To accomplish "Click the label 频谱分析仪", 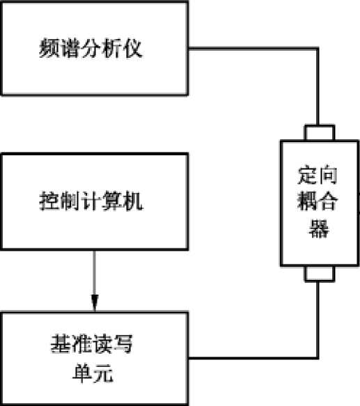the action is pyautogui.click(x=91, y=48).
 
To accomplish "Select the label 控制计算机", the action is pyautogui.click(x=91, y=201).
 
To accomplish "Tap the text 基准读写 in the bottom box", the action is pyautogui.click(x=91, y=344).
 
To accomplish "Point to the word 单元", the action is pyautogui.click(x=93, y=373).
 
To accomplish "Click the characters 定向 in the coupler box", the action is pyautogui.click(x=318, y=175).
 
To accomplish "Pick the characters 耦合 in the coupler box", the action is pyautogui.click(x=318, y=201).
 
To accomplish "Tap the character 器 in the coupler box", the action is pyautogui.click(x=319, y=228).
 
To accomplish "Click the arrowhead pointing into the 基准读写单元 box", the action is pyautogui.click(x=95, y=303).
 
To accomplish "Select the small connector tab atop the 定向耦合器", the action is pyautogui.click(x=320, y=132).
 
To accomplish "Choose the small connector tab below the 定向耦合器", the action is pyautogui.click(x=320, y=274).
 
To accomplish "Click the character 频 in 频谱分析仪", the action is pyautogui.click(x=49, y=48).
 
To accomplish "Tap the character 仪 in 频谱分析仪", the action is pyautogui.click(x=132, y=48).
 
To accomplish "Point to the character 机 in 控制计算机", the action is pyautogui.click(x=133, y=201).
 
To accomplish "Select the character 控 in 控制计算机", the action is pyautogui.click(x=49, y=201).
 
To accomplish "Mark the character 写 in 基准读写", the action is pyautogui.click(x=123, y=344).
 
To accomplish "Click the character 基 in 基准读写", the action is pyautogui.click(x=61, y=344).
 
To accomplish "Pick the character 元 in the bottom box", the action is pyautogui.click(x=103, y=373).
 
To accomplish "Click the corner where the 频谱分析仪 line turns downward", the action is pyautogui.click(x=318, y=49).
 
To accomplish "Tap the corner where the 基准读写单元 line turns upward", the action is pyautogui.click(x=318, y=358).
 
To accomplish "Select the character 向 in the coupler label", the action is pyautogui.click(x=328, y=175).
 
